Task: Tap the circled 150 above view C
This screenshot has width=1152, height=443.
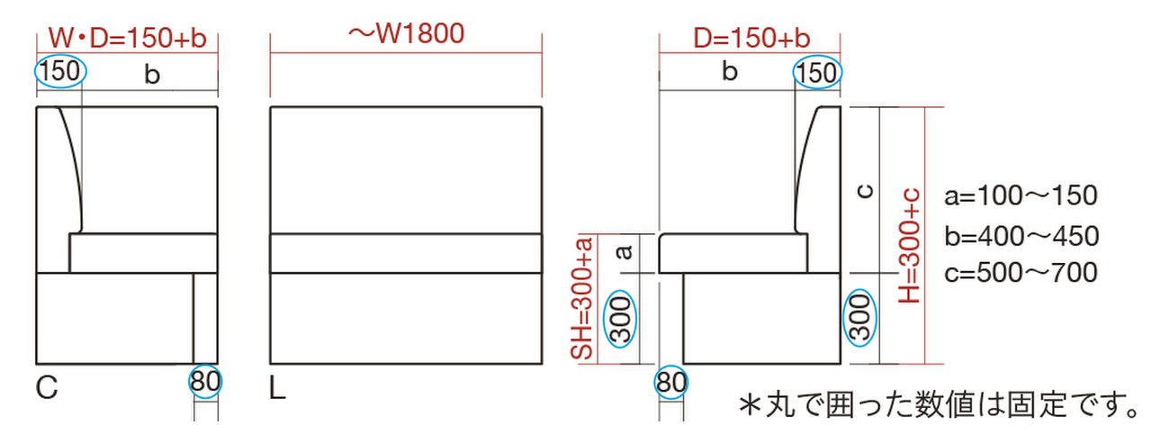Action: [60, 71]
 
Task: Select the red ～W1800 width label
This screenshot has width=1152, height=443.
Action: [406, 34]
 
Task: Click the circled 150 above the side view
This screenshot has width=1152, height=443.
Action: [817, 73]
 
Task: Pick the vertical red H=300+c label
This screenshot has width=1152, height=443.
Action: [912, 246]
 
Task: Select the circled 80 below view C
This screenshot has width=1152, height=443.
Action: [204, 382]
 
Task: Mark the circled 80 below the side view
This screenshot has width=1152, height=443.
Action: [670, 384]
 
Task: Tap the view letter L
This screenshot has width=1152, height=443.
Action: [277, 388]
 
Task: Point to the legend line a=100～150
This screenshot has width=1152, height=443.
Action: [1021, 195]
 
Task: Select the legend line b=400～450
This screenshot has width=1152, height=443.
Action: [1021, 236]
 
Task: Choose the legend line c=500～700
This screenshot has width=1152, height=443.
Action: [1021, 272]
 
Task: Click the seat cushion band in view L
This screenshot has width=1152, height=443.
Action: [406, 253]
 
